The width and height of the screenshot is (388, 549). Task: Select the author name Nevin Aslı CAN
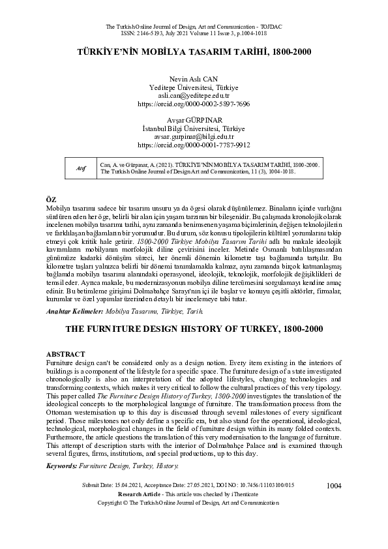pos(194,78)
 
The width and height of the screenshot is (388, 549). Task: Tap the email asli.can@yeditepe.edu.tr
pos(194,95)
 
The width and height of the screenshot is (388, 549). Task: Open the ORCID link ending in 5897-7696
pos(194,104)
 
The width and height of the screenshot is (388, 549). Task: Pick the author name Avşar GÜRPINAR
pos(194,120)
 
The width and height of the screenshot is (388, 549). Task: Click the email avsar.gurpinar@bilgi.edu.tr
pos(194,137)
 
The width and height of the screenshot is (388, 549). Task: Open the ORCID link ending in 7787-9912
pos(194,145)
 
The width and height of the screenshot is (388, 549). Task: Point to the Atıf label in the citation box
pos(81,168)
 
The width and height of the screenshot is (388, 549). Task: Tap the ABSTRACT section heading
pos(66,353)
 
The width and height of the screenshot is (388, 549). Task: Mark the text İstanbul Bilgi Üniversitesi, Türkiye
pos(194,128)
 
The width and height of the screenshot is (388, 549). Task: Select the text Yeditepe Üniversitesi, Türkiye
pos(194,87)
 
